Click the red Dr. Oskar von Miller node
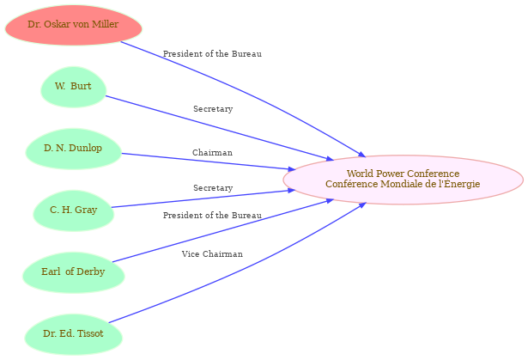tap(74, 25)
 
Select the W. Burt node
tap(74, 87)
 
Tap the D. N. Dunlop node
tap(74, 149)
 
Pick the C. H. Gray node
tap(74, 211)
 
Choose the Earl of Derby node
tap(74, 272)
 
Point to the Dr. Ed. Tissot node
tap(74, 334)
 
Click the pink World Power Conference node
tap(403, 180)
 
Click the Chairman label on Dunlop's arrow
tap(212, 153)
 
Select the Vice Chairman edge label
tap(212, 253)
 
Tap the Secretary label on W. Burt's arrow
tap(213, 109)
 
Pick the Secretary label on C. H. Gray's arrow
tap(213, 188)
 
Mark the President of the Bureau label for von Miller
tap(212, 54)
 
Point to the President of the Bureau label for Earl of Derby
tap(212, 216)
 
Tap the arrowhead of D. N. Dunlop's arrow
tap(291, 168)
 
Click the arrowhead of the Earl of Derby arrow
tap(330, 201)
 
